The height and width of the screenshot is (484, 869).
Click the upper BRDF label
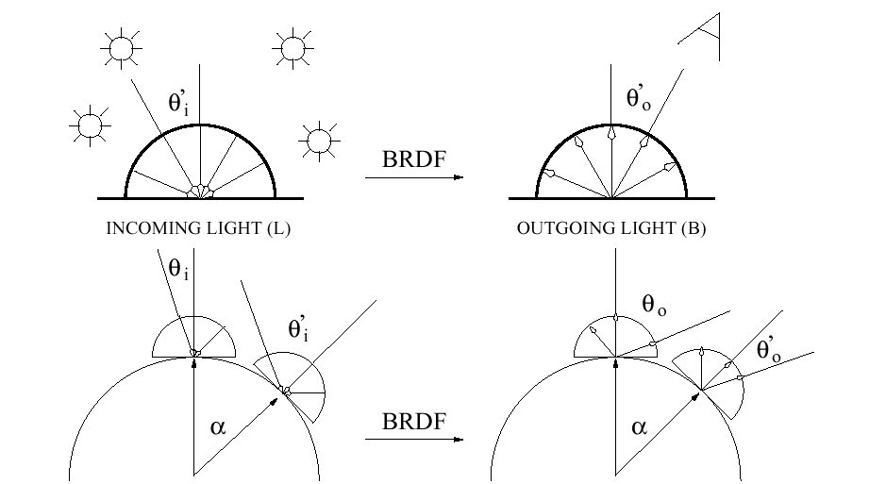(x=411, y=158)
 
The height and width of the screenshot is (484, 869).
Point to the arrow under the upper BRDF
(x=411, y=177)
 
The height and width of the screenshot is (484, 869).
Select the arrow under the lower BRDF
(x=411, y=439)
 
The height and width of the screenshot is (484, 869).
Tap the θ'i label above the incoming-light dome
(x=179, y=105)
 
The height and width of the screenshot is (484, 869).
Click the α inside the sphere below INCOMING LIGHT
(x=218, y=426)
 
